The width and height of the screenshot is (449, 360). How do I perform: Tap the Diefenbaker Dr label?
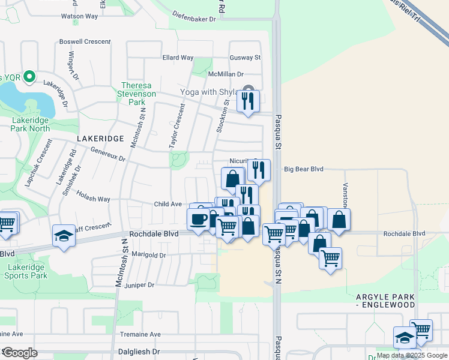tap(193, 19)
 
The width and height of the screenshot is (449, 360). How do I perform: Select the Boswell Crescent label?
tap(85, 42)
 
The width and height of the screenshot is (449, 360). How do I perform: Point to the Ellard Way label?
tap(178, 58)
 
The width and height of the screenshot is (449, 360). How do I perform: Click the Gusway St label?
tap(245, 58)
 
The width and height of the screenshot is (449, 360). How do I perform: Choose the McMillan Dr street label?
tap(226, 74)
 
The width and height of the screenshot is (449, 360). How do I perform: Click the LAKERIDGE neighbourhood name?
tap(100, 139)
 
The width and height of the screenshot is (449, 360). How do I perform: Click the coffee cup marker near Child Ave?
tap(199, 218)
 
